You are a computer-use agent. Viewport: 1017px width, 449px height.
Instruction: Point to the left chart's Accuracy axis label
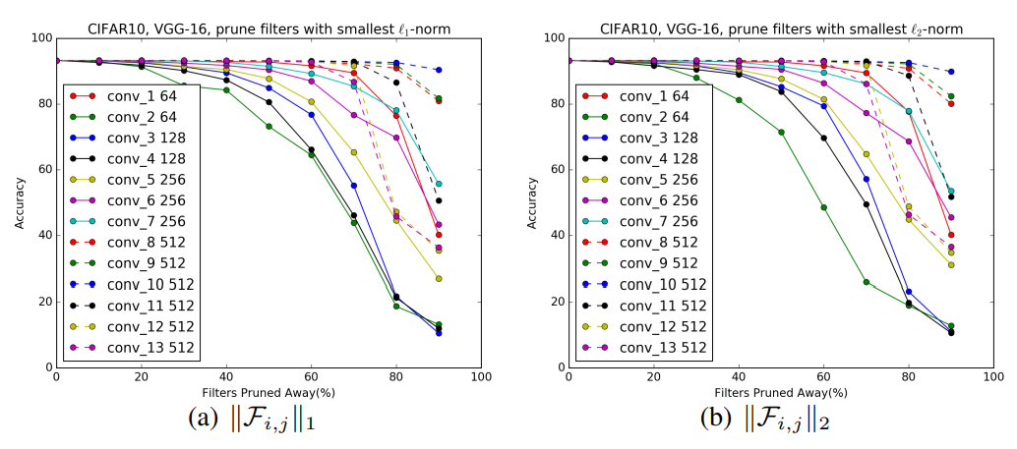click(20, 202)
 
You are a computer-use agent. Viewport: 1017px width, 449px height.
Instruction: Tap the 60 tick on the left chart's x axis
click(312, 377)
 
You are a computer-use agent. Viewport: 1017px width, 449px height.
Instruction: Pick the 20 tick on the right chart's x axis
click(652, 377)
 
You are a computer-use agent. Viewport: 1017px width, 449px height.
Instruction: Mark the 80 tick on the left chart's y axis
click(43, 103)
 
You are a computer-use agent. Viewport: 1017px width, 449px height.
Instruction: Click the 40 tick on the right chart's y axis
click(555, 235)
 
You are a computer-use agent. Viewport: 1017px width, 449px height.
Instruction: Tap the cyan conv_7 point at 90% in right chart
click(950, 192)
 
